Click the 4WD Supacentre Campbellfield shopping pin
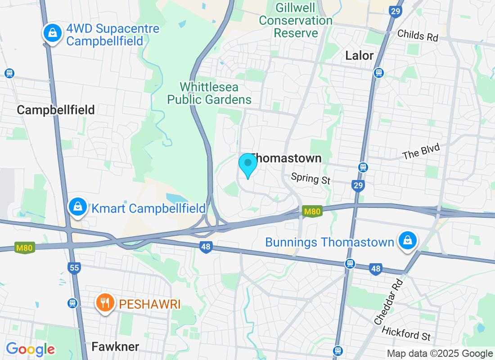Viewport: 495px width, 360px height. click(53, 33)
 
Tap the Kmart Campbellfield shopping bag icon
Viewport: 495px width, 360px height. click(78, 207)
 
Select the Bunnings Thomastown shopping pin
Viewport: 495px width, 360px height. click(407, 240)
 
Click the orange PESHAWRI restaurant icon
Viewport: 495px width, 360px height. click(105, 302)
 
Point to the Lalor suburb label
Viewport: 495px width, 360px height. click(359, 55)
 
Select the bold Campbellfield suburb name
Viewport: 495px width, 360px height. click(55, 109)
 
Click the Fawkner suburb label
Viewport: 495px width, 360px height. click(115, 346)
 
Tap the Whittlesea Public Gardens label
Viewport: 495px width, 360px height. click(209, 93)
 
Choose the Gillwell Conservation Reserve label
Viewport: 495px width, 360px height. click(296, 21)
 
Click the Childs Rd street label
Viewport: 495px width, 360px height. click(418, 35)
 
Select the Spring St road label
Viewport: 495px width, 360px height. click(310, 178)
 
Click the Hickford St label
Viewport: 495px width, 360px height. click(406, 333)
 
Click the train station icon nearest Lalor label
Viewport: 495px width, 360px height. click(379, 72)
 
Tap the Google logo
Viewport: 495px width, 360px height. click(30, 349)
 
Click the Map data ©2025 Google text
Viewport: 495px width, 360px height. click(440, 354)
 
